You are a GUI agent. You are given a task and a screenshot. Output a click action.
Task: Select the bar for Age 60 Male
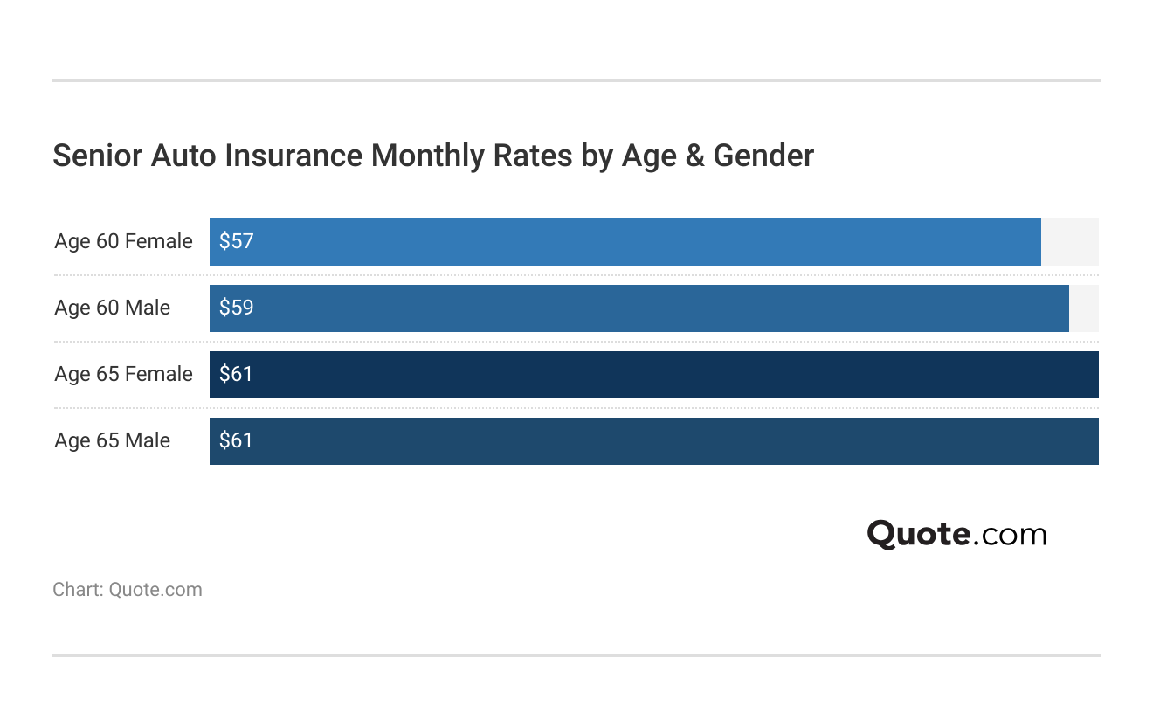click(639, 308)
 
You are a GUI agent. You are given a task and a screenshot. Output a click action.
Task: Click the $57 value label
click(236, 242)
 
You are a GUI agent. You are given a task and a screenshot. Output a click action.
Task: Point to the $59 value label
click(236, 308)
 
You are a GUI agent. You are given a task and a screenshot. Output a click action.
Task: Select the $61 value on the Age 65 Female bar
click(236, 375)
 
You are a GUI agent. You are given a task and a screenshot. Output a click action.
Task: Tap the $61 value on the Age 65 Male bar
click(236, 441)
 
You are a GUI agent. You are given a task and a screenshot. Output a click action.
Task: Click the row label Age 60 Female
click(123, 242)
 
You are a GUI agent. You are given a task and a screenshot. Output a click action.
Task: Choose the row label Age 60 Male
click(112, 308)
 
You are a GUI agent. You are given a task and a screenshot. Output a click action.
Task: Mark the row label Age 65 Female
click(123, 375)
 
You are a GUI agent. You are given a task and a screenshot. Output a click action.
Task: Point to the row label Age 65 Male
click(112, 441)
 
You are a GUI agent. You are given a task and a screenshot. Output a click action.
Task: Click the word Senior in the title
click(97, 156)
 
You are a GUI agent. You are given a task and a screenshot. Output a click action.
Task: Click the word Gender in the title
click(763, 156)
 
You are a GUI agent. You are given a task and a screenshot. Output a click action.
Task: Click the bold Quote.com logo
click(956, 534)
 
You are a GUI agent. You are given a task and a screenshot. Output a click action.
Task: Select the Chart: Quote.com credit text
click(128, 590)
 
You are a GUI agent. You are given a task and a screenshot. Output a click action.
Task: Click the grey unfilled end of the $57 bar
click(1069, 242)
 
